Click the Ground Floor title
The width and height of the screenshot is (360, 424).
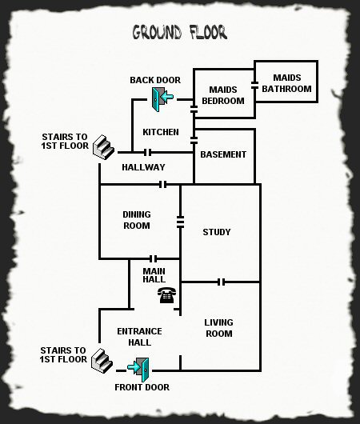point(179,32)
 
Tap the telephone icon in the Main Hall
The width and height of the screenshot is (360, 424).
point(167,295)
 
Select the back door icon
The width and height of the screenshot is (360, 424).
point(162,99)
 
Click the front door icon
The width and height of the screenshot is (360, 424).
point(138,370)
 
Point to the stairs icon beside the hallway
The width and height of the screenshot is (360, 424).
point(103,147)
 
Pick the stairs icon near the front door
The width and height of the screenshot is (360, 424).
point(102,361)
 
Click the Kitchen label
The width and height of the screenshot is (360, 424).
point(161,132)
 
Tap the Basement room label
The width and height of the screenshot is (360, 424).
point(223,154)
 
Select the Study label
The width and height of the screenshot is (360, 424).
point(217,232)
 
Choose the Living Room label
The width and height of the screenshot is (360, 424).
point(219,328)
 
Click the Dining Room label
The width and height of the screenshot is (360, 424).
point(137,220)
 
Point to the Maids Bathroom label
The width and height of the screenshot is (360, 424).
point(286,83)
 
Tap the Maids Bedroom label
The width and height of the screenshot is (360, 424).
point(223,95)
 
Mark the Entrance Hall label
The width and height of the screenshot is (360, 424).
point(139,337)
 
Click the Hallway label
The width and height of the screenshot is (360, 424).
point(143,167)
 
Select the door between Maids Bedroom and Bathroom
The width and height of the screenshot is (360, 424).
point(254,85)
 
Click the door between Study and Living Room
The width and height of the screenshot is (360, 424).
point(222,282)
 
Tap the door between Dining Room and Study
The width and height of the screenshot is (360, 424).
point(180,222)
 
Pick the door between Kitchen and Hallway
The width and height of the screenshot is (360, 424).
point(147,153)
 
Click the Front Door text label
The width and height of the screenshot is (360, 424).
point(142,387)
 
